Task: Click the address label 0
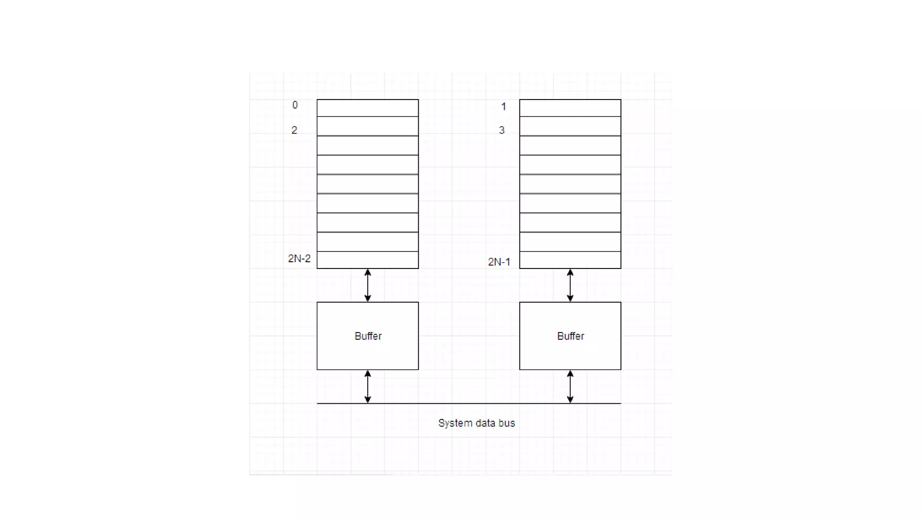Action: pyautogui.click(x=295, y=105)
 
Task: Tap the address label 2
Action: pyautogui.click(x=294, y=130)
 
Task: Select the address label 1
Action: pyautogui.click(x=503, y=107)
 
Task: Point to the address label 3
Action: pyautogui.click(x=502, y=130)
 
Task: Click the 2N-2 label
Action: pyautogui.click(x=299, y=259)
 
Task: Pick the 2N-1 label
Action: pyautogui.click(x=499, y=262)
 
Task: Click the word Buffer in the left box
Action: pyautogui.click(x=368, y=336)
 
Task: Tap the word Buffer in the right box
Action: pyautogui.click(x=570, y=336)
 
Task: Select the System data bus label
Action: pyautogui.click(x=476, y=423)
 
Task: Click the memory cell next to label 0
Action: pyautogui.click(x=368, y=108)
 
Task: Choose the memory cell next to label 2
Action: pyautogui.click(x=368, y=127)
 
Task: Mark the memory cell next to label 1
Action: pyautogui.click(x=570, y=108)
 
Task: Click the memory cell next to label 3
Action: pyautogui.click(x=570, y=127)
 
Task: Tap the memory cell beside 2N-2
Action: pyautogui.click(x=368, y=260)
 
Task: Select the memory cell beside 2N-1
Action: pyautogui.click(x=570, y=260)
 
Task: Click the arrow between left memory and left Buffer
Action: pyautogui.click(x=368, y=285)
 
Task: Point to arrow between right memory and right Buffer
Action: pyautogui.click(x=570, y=285)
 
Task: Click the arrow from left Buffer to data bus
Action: pyautogui.click(x=368, y=387)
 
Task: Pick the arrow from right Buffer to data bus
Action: pyautogui.click(x=570, y=387)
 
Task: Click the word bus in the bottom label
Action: pyautogui.click(x=506, y=423)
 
